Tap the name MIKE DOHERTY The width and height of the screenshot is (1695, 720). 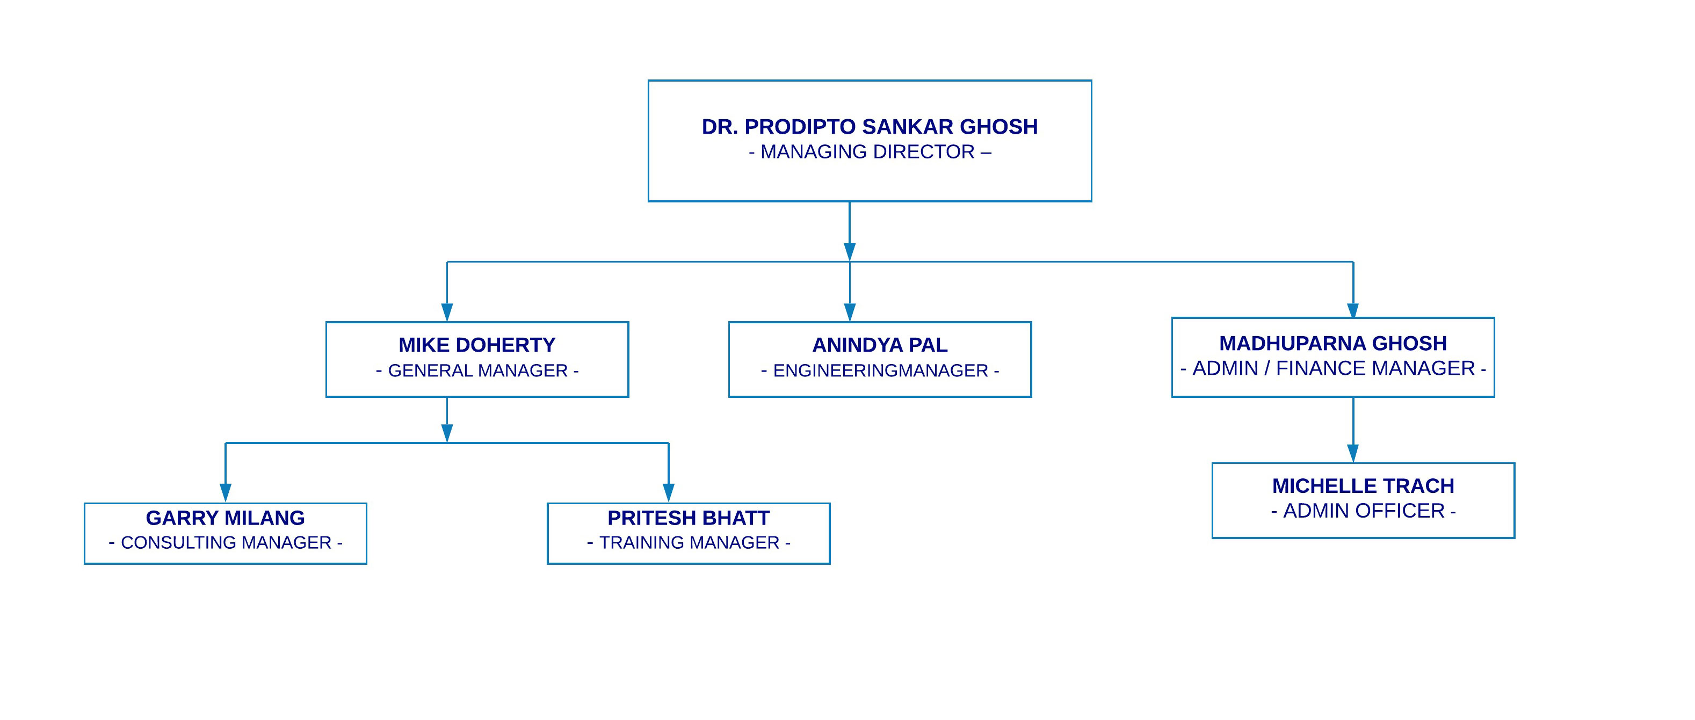(477, 345)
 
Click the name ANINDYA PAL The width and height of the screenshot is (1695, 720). (880, 345)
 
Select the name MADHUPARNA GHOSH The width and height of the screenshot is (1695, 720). (1332, 343)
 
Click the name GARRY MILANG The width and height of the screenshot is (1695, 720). (225, 518)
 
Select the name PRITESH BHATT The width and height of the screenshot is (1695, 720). (689, 518)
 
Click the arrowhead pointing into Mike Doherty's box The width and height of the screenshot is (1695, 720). (447, 312)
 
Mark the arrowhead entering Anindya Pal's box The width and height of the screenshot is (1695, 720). (850, 312)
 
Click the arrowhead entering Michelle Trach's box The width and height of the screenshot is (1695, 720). (1353, 453)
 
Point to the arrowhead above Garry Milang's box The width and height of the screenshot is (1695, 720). (225, 493)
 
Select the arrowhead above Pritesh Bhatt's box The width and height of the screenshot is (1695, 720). (669, 493)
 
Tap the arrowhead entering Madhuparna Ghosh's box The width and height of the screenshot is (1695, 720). (1353, 310)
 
